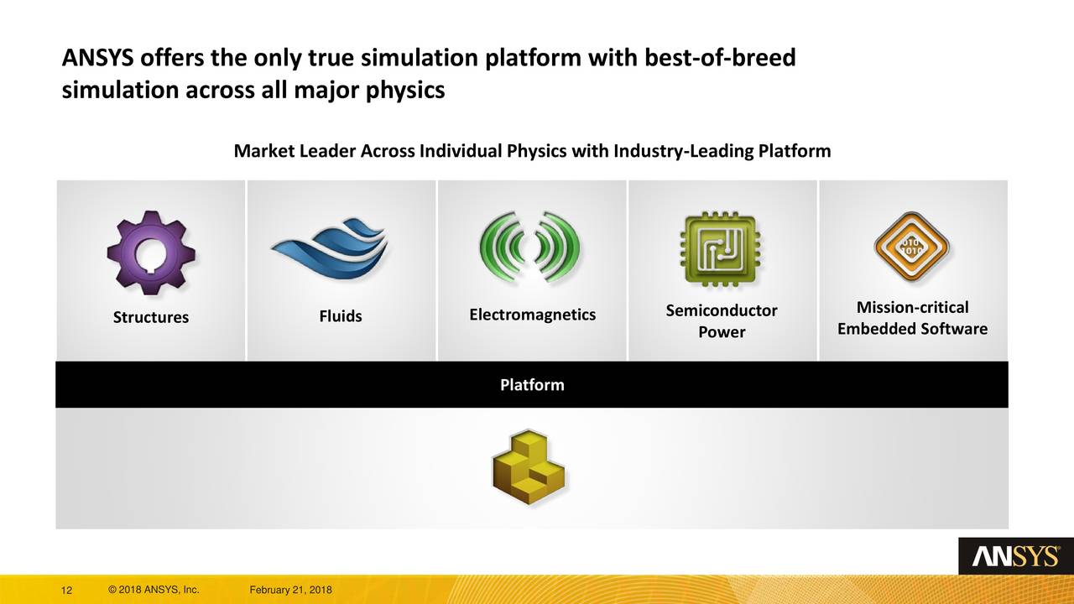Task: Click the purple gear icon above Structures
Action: (151, 251)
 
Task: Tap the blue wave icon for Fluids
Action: (329, 251)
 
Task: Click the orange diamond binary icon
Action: (911, 247)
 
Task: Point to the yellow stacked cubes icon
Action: (529, 468)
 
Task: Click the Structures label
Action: (151, 318)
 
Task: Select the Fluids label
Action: (341, 316)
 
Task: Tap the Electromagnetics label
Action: (532, 315)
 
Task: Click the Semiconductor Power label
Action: (722, 321)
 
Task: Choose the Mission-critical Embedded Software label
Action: (912, 318)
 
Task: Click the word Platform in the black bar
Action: (532, 385)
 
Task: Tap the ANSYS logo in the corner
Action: (1015, 556)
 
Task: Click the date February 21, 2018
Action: (291, 591)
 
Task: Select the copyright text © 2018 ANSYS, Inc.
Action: (154, 591)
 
